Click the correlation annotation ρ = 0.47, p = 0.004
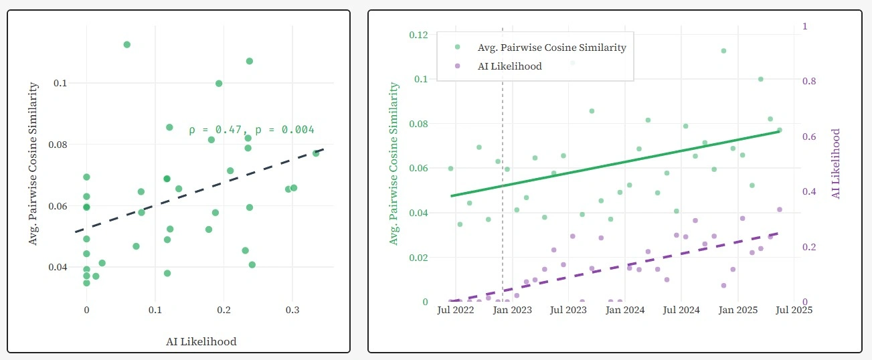(251, 130)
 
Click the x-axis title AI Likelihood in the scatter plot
(201, 341)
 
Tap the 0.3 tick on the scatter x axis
(292, 310)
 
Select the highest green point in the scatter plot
(126, 44)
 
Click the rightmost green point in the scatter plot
(316, 153)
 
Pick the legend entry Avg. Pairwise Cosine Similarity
(551, 48)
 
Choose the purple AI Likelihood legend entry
(509, 66)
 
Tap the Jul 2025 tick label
(794, 310)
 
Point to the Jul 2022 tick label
(456, 310)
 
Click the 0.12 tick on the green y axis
(419, 34)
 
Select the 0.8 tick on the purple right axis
(809, 82)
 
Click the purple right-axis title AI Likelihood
(835, 164)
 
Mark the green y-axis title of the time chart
(394, 164)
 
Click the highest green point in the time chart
(723, 51)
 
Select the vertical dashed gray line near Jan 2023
(503, 201)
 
